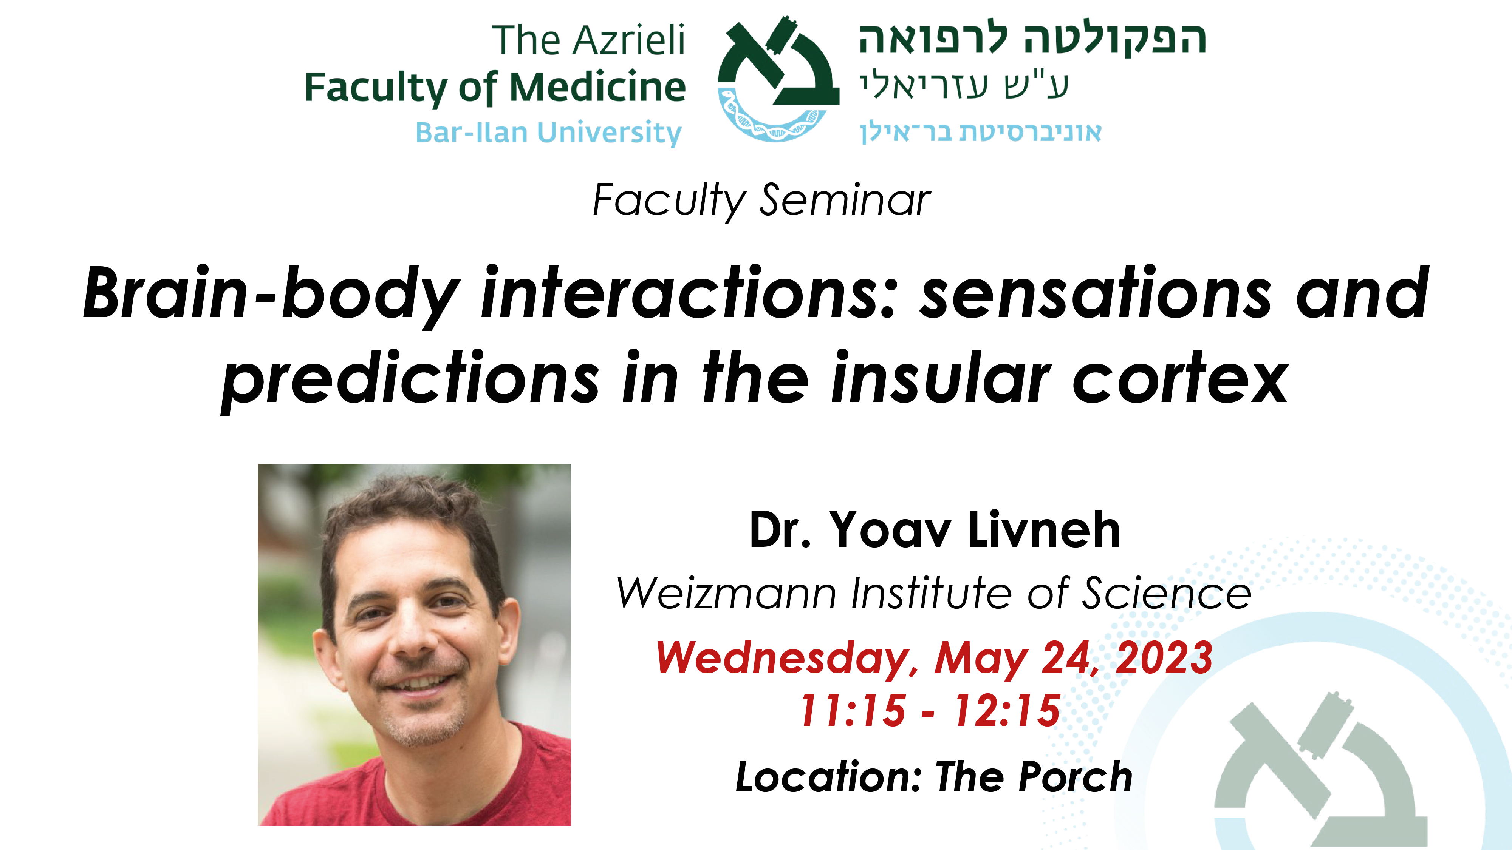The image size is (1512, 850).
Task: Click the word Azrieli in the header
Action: coord(628,40)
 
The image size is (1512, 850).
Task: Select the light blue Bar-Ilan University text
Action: coord(548,133)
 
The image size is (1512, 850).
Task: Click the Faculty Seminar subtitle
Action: coord(761,201)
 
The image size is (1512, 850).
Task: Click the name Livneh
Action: coord(1044,530)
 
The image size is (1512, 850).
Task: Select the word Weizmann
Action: coord(726,593)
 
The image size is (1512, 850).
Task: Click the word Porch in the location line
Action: coord(1075,777)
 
